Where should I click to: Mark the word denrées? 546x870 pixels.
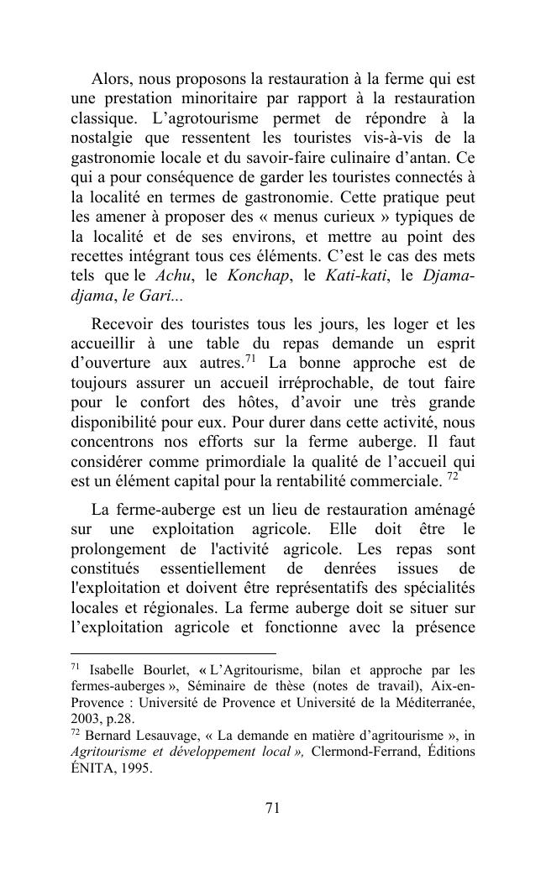tap(313, 569)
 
